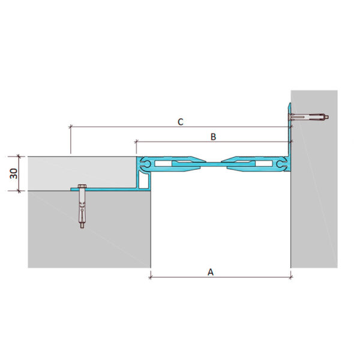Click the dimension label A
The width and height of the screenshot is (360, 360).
[x=211, y=272]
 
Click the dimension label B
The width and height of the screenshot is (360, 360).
[x=213, y=137]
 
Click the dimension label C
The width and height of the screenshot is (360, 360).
[x=181, y=122]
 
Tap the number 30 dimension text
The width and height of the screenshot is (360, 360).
[x=14, y=173]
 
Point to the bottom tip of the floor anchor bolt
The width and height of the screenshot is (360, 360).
[x=82, y=228]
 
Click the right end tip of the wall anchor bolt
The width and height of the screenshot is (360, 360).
[x=328, y=117]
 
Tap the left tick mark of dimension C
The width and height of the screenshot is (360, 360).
[x=71, y=127]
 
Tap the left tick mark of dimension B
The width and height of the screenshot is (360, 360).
[x=136, y=142]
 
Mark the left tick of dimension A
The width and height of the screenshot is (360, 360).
[x=151, y=277]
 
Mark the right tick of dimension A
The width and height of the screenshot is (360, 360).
[x=291, y=277]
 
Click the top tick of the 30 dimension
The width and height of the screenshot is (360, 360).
[x=19, y=157]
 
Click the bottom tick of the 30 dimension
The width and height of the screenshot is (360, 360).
[x=19, y=191]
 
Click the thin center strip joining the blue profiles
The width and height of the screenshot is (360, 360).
[x=213, y=163]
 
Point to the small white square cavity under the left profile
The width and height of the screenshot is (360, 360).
[x=144, y=181]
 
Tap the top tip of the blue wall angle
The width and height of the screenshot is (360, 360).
[x=290, y=103]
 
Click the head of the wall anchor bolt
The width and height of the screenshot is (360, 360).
[x=291, y=117]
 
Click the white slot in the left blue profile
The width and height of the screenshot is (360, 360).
[x=163, y=164]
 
